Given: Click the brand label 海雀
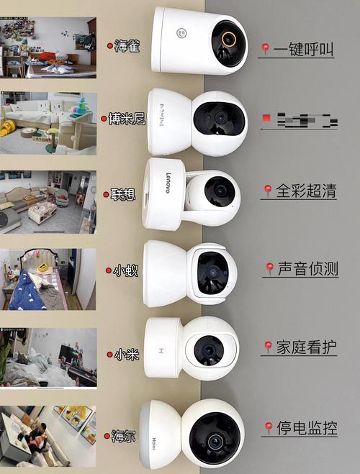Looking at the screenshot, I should click(x=128, y=46).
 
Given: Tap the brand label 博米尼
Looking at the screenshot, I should click(x=127, y=119).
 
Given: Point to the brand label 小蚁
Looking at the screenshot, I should click(x=125, y=271).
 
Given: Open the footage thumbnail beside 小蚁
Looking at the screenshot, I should click(x=48, y=279).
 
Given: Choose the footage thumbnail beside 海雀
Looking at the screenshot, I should click(x=48, y=47).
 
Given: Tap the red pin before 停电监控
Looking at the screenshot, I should click(x=268, y=429).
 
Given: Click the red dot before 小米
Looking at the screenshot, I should click(x=110, y=354).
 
